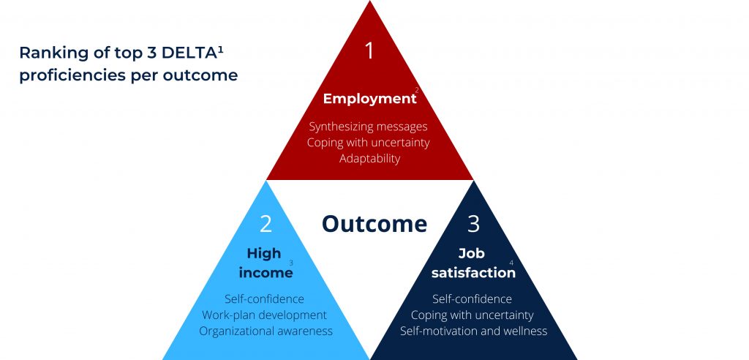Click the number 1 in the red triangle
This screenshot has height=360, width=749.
[x=369, y=50]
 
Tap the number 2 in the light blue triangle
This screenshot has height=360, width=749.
[x=266, y=224]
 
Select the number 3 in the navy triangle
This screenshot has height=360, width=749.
[x=473, y=224]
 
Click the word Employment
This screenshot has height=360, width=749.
[x=369, y=99]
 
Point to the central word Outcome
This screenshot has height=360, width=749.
[x=374, y=224]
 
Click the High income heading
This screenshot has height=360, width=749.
[x=266, y=263]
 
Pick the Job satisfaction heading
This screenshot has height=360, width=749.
[x=473, y=263]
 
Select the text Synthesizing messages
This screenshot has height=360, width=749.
[x=368, y=127]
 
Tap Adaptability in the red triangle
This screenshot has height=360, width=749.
[x=369, y=159]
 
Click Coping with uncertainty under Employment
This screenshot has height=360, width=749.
[x=369, y=143]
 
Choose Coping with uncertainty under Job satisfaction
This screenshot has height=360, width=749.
[x=472, y=315]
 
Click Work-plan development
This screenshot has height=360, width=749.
[x=264, y=315]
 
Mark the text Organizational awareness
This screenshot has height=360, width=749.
[x=266, y=331]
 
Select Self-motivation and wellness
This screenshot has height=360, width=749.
[x=473, y=331]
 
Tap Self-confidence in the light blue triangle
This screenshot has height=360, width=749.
[x=264, y=299]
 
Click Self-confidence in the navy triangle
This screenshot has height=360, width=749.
[x=472, y=299]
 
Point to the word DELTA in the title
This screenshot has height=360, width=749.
[x=189, y=53]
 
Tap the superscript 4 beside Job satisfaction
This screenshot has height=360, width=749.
[x=511, y=263]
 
